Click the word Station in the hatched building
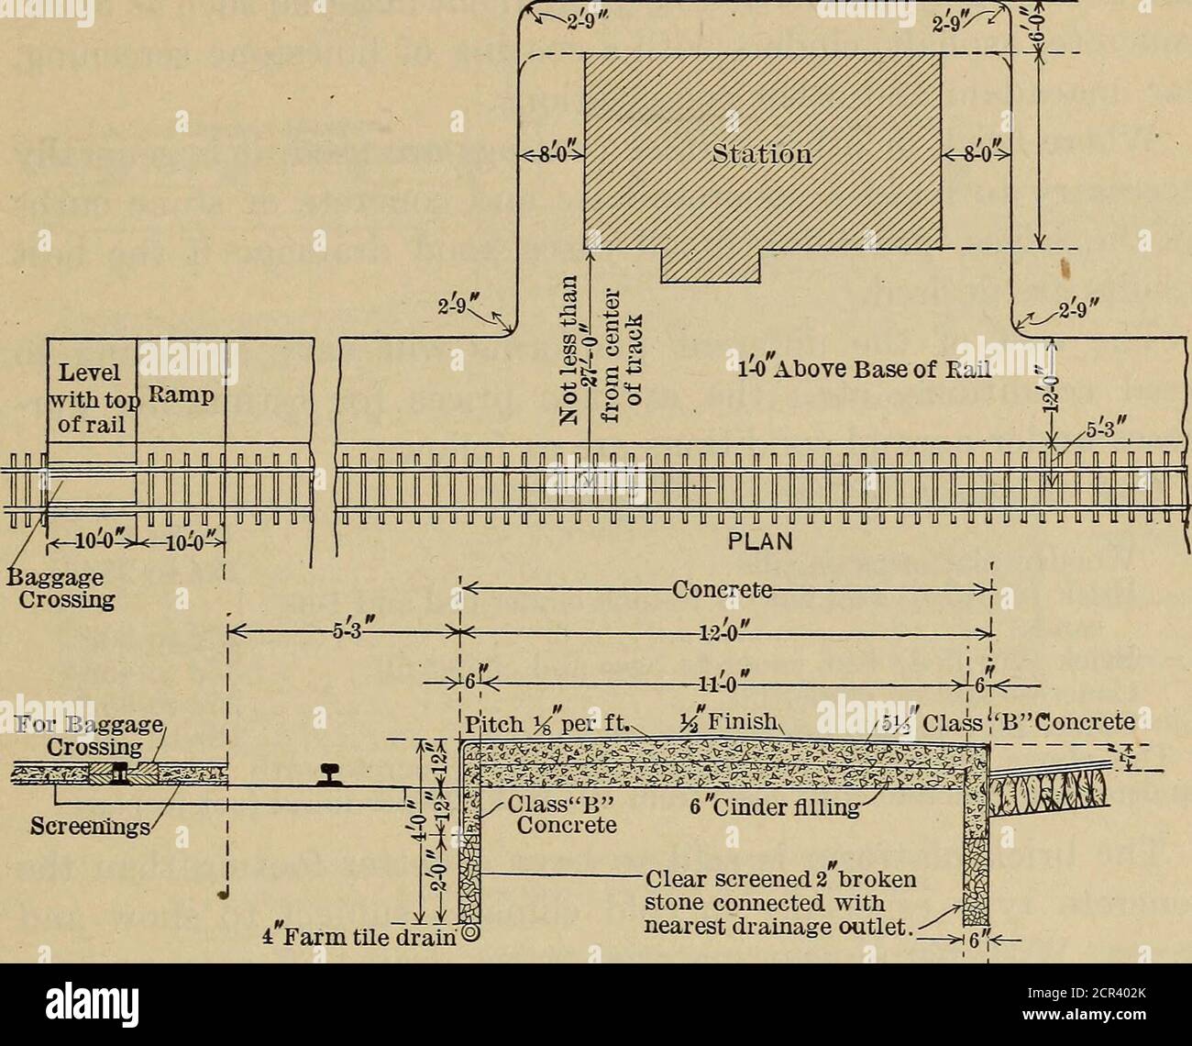762,153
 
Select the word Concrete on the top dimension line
724,589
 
